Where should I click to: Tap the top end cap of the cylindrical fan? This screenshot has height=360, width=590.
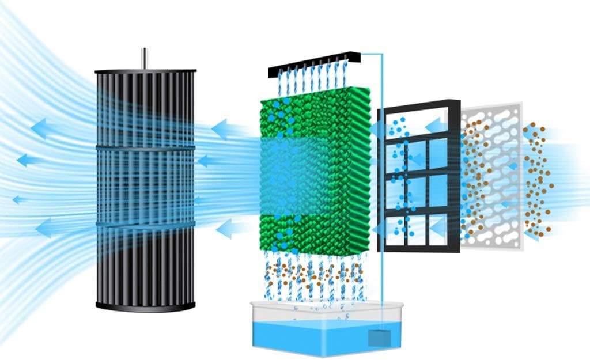click(x=145, y=71)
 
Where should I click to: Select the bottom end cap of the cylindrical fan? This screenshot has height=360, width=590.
click(x=145, y=306)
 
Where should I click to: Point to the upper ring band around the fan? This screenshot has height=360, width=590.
click(x=145, y=149)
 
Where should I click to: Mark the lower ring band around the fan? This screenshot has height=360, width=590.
click(x=145, y=223)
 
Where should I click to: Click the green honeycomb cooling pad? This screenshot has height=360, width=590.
click(x=314, y=173)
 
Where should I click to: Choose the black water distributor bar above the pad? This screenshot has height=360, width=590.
click(x=314, y=65)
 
